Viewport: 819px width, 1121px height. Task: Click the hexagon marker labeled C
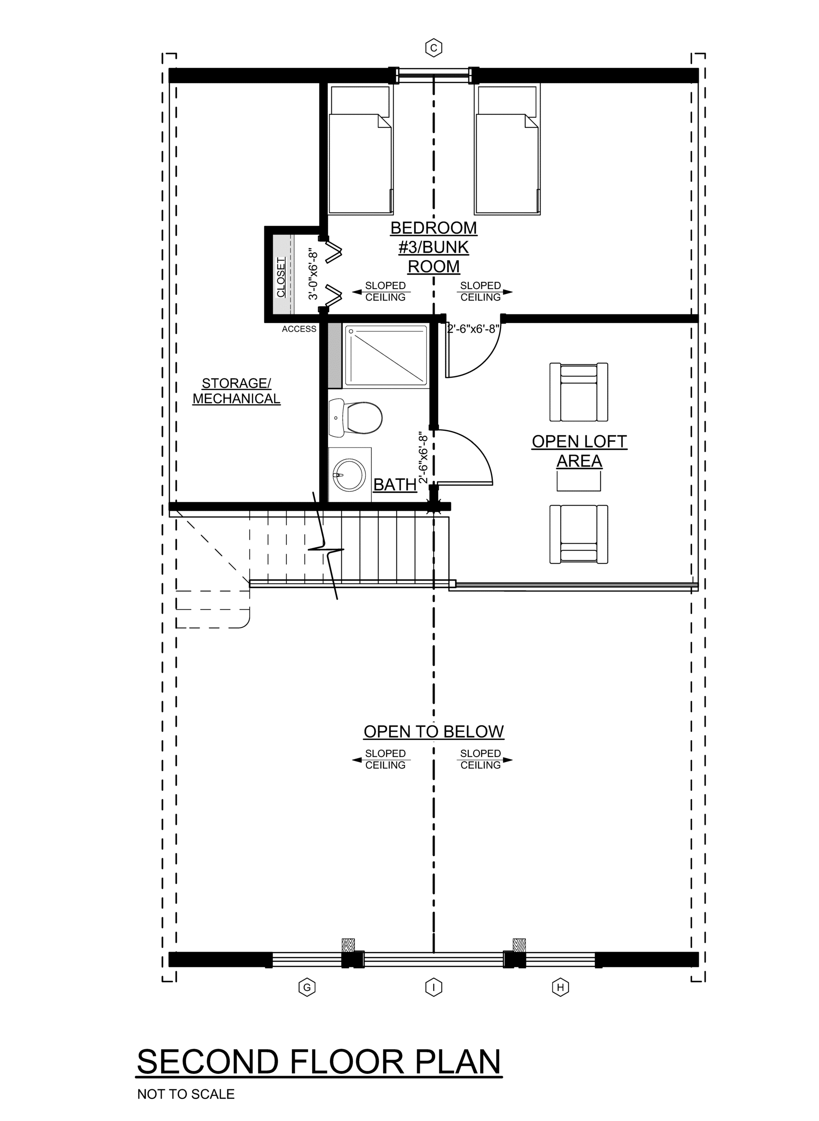pos(433,48)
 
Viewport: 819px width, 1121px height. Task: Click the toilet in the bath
pos(356,417)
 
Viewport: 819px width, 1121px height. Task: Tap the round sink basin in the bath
pos(349,475)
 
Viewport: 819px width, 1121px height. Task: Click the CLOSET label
pos(281,277)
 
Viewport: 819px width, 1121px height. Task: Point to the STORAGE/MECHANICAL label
pos(236,391)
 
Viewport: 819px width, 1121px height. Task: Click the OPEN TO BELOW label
pos(434,731)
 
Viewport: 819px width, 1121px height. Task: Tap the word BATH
pos(395,484)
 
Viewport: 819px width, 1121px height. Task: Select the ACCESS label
pos(299,329)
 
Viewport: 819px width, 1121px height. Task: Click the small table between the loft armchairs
pos(579,481)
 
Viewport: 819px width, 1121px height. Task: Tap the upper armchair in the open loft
pos(579,391)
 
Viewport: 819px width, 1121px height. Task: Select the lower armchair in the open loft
pos(579,534)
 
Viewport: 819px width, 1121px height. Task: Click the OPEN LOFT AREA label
pos(579,451)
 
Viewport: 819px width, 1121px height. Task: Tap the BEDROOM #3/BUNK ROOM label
pos(434,247)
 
